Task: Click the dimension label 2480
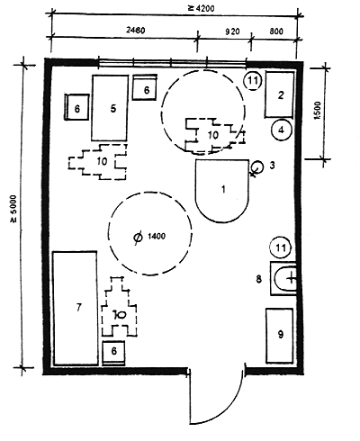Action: (x=136, y=31)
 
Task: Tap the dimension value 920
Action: (x=232, y=31)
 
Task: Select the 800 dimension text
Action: (x=276, y=31)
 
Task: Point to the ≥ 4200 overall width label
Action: (x=202, y=8)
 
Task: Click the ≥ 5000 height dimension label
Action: (x=14, y=209)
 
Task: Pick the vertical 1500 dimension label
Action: (x=318, y=111)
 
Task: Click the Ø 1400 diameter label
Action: (x=149, y=237)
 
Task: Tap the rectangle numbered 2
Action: (x=279, y=94)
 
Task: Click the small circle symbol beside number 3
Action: (x=256, y=166)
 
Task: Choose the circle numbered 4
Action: (x=281, y=130)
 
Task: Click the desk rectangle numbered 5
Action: (x=110, y=108)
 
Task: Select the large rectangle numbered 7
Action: (x=76, y=308)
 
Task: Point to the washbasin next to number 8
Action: (x=283, y=279)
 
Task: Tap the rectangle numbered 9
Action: (x=280, y=336)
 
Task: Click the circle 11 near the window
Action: (x=252, y=80)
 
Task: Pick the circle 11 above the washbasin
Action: (x=281, y=247)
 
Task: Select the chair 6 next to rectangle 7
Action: (x=113, y=353)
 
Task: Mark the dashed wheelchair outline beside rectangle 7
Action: (x=120, y=306)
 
